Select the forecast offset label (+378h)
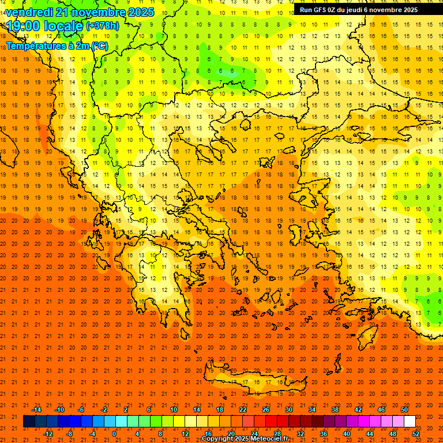coord(102,26)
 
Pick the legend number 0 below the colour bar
coord(114,434)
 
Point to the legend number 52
coord(416,434)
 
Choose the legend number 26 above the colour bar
coord(266,410)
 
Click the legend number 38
coord(335,410)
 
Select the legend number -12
coord(48,434)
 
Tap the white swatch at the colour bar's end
coord(410,422)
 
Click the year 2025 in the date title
coord(140,12)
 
